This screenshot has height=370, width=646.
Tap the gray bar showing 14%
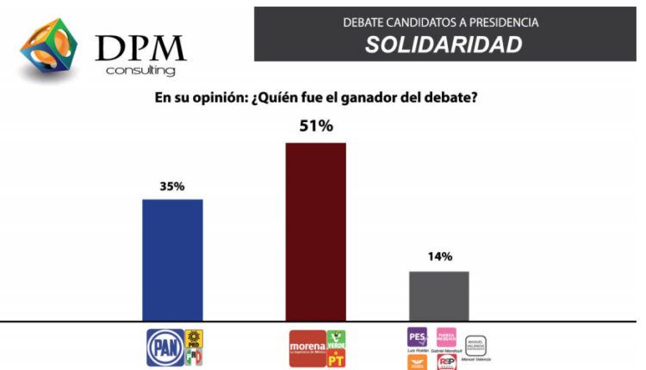click(x=438, y=295)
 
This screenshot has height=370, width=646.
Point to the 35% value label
click(x=172, y=186)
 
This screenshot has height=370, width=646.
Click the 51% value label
click(x=315, y=126)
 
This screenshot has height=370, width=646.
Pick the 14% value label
click(x=438, y=256)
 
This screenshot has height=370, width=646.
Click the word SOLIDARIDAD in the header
click(x=444, y=45)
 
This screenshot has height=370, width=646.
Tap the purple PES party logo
click(x=417, y=336)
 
